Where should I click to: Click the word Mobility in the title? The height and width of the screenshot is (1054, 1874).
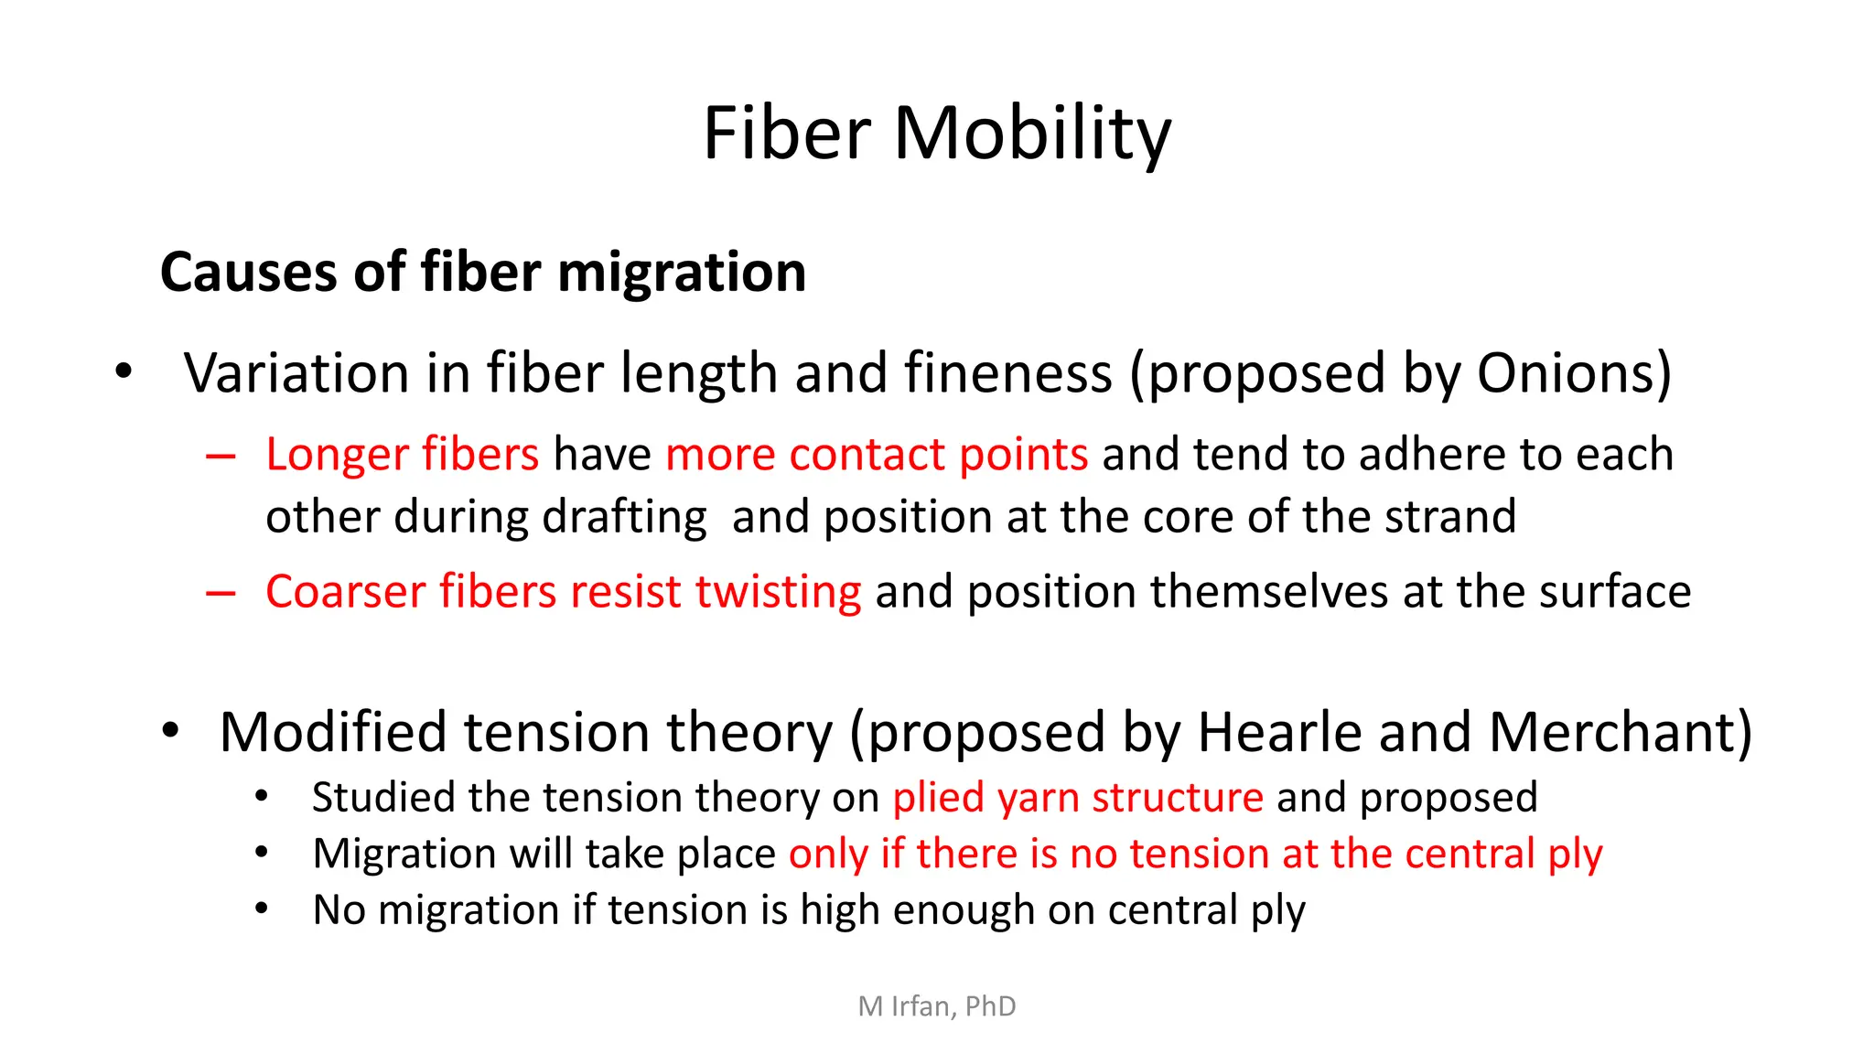[x=1031, y=134]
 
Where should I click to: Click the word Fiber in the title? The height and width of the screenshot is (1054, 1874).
[x=786, y=134]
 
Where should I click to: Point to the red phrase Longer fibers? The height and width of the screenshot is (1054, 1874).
[x=403, y=454]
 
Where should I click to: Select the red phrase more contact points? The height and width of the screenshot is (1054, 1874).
[x=877, y=454]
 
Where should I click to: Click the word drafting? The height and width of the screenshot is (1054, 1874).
[x=624, y=518]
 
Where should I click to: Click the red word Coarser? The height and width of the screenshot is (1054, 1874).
[x=345, y=591]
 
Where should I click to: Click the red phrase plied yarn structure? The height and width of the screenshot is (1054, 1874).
[x=1078, y=798]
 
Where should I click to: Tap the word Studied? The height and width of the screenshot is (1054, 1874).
[x=382, y=797]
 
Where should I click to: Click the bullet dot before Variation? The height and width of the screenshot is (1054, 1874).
[x=124, y=372]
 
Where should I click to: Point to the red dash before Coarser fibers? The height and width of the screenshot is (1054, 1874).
[x=221, y=593]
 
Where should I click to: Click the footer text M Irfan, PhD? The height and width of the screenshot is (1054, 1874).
[x=937, y=1006]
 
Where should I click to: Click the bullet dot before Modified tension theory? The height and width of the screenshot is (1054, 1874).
[x=170, y=731]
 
